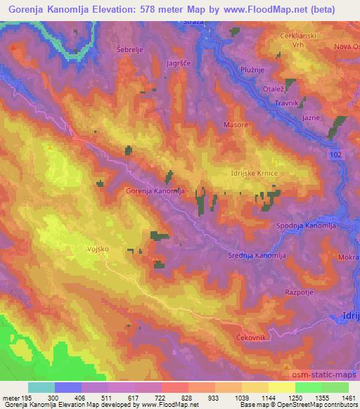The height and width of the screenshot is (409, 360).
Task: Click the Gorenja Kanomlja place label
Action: (x=155, y=190)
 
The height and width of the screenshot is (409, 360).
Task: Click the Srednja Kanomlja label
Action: (x=258, y=257)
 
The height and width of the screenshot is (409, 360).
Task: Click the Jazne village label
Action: (x=311, y=117)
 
